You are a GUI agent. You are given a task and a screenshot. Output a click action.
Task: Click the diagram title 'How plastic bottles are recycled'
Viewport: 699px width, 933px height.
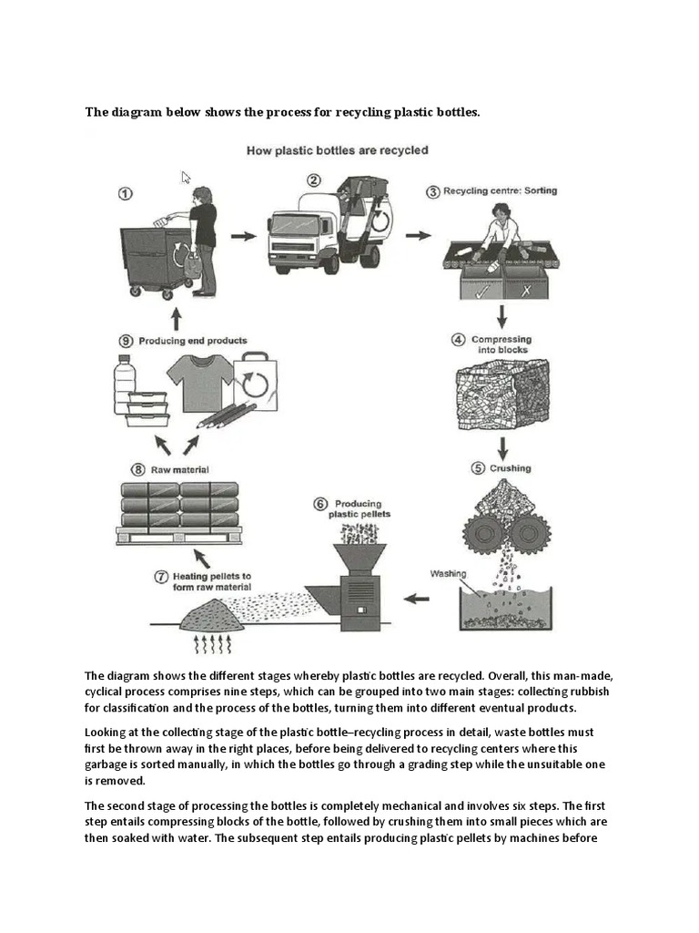[x=337, y=150]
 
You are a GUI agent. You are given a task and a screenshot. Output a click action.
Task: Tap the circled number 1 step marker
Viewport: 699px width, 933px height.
[x=126, y=193]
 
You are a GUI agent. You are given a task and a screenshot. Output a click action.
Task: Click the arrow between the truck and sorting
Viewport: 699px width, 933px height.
[x=418, y=235]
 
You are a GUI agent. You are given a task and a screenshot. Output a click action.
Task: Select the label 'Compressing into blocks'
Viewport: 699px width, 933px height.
[x=500, y=344]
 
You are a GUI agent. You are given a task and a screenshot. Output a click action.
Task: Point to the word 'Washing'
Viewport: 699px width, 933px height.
[x=448, y=574]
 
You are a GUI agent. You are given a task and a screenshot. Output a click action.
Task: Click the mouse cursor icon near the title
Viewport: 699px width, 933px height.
[x=187, y=178]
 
